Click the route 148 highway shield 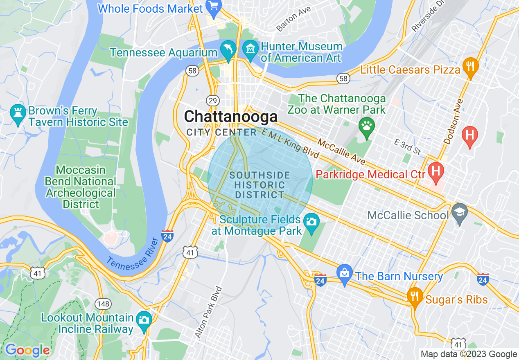[x=102, y=304]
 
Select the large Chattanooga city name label [x=231, y=117]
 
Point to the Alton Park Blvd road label [x=208, y=312]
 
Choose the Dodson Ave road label [x=454, y=121]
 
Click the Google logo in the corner [x=27, y=351]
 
